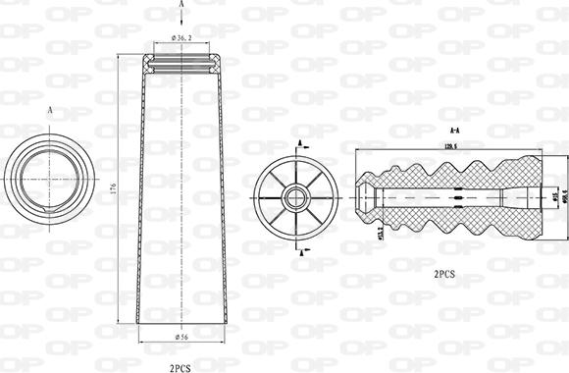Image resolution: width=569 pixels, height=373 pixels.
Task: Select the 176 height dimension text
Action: click(x=114, y=188)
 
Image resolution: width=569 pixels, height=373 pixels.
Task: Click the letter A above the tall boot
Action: click(x=182, y=5)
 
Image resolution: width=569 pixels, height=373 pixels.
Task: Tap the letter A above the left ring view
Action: click(x=49, y=111)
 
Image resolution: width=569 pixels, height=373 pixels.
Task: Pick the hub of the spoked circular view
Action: click(x=295, y=197)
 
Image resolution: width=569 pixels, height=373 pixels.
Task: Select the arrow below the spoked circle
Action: click(x=298, y=248)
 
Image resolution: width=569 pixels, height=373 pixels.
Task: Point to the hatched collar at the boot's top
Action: click(x=182, y=63)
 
